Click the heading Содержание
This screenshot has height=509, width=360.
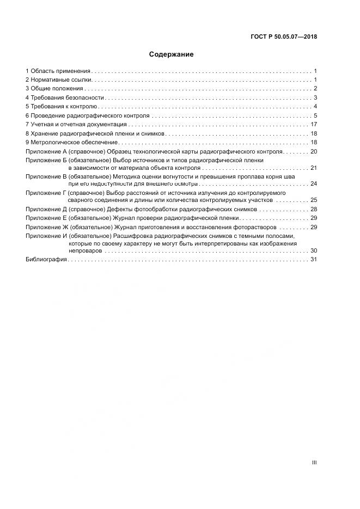(x=171, y=54)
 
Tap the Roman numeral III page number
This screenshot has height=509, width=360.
(x=314, y=462)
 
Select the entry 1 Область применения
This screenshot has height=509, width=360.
(x=58, y=71)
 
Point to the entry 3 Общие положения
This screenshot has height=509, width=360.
(x=54, y=89)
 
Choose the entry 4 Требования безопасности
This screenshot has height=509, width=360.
(x=64, y=98)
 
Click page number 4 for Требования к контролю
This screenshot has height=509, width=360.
(x=315, y=107)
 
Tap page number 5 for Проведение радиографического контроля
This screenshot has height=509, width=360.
(x=315, y=115)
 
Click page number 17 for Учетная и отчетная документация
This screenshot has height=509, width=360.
(x=314, y=125)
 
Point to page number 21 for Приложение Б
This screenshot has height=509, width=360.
(x=313, y=168)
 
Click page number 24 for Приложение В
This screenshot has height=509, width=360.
(x=313, y=184)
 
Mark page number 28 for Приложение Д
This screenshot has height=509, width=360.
(x=313, y=209)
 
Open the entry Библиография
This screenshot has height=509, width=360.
(x=46, y=260)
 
